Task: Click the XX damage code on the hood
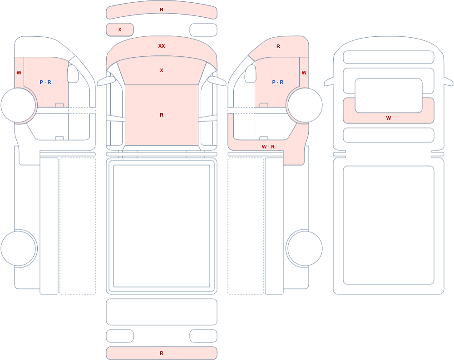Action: tap(162, 46)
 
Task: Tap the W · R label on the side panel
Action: tap(268, 147)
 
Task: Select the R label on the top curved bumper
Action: tap(162, 10)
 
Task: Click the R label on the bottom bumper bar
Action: tap(162, 353)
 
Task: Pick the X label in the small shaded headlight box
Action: tap(120, 30)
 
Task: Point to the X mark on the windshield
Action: tap(162, 70)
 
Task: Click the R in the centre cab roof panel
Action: tap(162, 115)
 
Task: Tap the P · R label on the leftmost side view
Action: tap(45, 82)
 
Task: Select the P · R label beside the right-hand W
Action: tap(278, 82)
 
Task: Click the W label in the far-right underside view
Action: tap(389, 118)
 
